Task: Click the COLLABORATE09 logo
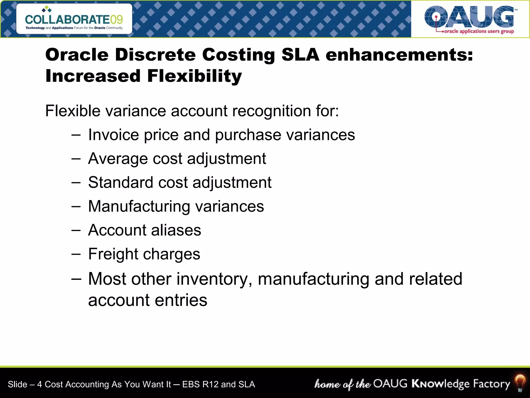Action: point(74,19)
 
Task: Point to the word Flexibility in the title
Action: point(194,76)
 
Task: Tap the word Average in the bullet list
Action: point(118,159)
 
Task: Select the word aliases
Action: point(176,230)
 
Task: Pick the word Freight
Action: point(113,254)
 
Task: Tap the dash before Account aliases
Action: point(76,230)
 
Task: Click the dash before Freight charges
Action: point(76,254)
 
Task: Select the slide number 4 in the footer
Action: point(39,384)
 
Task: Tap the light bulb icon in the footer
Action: point(520,383)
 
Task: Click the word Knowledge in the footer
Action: point(440,384)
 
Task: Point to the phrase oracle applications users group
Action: point(479,31)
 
